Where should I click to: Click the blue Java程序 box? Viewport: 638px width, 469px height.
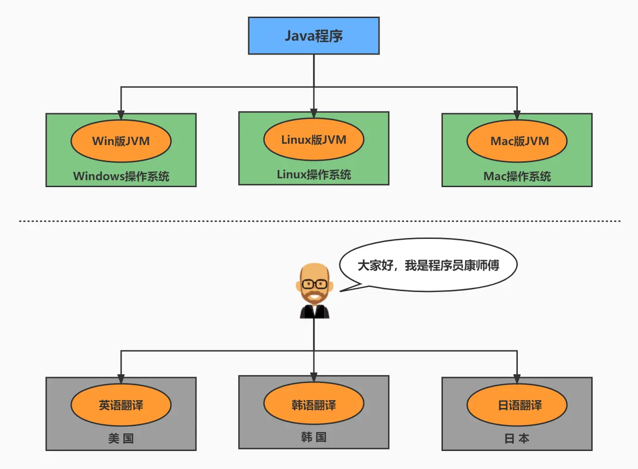(313, 36)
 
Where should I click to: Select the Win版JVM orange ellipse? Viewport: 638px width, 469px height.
(121, 141)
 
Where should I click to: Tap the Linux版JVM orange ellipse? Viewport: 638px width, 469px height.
(313, 140)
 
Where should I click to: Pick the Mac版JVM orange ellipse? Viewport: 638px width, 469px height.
(517, 141)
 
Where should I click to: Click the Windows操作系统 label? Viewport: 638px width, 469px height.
(121, 176)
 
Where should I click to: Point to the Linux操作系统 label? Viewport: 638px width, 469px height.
(313, 174)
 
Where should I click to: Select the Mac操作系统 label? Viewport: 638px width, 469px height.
(517, 176)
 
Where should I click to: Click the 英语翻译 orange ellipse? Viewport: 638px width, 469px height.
(121, 405)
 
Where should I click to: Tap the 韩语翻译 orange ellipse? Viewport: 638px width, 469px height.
(313, 405)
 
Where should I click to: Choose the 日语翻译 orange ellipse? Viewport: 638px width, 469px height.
(517, 405)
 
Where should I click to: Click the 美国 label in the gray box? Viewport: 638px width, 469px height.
(121, 438)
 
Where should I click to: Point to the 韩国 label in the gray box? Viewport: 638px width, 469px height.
(313, 437)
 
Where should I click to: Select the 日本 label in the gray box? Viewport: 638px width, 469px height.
(517, 438)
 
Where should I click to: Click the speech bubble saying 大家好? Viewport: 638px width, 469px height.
(428, 265)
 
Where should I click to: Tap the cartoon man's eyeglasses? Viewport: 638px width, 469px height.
(314, 284)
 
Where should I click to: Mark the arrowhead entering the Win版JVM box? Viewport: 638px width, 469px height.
(121, 115)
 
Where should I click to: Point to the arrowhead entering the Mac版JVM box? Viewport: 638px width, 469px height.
(517, 115)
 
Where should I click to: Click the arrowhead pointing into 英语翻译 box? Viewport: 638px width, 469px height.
(121, 379)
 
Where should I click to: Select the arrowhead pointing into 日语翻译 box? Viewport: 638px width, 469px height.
(517, 379)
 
